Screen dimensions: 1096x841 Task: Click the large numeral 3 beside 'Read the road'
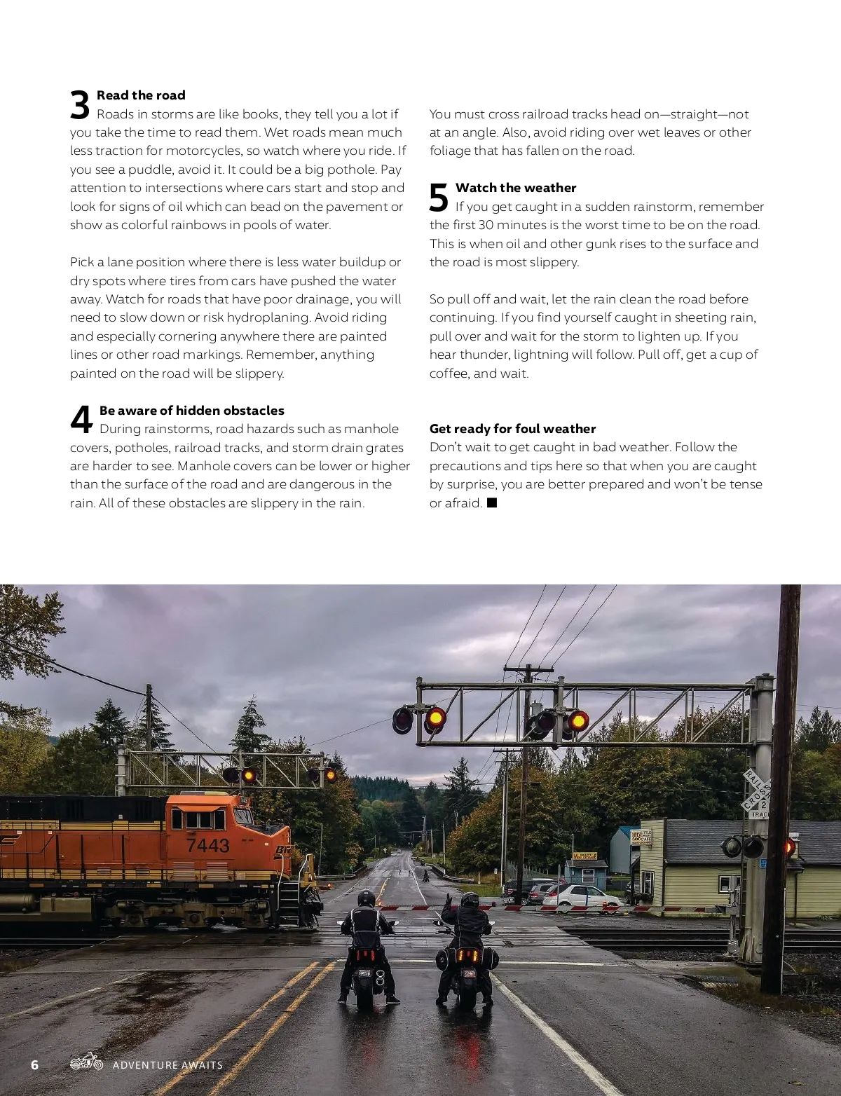click(x=80, y=105)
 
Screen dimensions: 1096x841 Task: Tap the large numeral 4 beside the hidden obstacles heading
click(x=81, y=420)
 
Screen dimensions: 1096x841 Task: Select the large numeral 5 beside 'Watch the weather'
click(x=439, y=198)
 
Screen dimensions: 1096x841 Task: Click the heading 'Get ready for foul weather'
click(x=512, y=429)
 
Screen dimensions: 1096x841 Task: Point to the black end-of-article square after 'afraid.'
click(x=492, y=502)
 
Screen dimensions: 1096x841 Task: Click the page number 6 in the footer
click(x=35, y=1064)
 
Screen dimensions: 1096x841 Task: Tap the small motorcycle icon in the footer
click(x=87, y=1062)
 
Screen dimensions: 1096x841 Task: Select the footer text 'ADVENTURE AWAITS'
click(x=167, y=1065)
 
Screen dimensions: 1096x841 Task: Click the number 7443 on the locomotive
click(x=207, y=846)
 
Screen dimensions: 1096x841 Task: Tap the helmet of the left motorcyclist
click(x=366, y=899)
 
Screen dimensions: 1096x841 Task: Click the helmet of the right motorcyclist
click(x=470, y=900)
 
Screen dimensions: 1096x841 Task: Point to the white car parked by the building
click(x=581, y=898)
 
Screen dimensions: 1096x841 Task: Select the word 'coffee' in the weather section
click(x=449, y=374)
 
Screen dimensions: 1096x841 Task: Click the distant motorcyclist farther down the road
click(x=425, y=874)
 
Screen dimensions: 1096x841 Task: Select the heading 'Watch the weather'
click(x=516, y=188)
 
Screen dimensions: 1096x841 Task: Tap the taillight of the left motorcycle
click(x=364, y=954)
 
